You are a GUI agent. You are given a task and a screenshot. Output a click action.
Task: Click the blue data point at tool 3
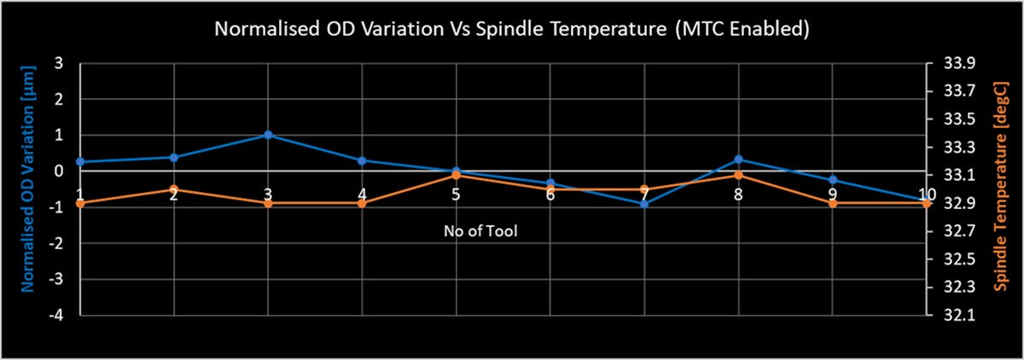pyautogui.click(x=268, y=135)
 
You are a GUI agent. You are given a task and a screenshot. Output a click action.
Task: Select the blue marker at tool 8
pyautogui.click(x=738, y=160)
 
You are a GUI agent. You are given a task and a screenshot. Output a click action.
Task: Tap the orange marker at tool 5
pyautogui.click(x=456, y=175)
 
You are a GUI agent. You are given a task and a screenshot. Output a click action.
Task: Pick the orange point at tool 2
pyautogui.click(x=173, y=189)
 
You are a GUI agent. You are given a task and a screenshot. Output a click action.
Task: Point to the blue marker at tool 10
pyautogui.click(x=926, y=200)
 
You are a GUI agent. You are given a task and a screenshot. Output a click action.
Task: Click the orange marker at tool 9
pyautogui.click(x=832, y=203)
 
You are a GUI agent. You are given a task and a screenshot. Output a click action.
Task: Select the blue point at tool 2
pyautogui.click(x=173, y=157)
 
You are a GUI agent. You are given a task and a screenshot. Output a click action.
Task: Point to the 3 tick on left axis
pyautogui.click(x=58, y=63)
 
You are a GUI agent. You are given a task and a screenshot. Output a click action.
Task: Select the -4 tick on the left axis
pyautogui.click(x=56, y=316)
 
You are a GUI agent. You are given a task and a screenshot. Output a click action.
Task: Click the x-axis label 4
pyautogui.click(x=362, y=195)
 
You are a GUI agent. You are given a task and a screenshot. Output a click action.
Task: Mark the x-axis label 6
pyautogui.click(x=550, y=195)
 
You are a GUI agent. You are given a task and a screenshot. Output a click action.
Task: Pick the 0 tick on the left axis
pyautogui.click(x=58, y=171)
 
